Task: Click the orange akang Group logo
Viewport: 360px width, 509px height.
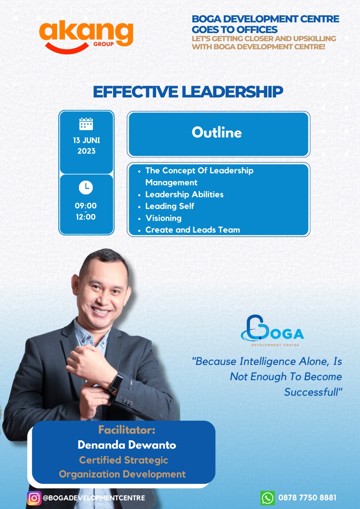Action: pos(86,36)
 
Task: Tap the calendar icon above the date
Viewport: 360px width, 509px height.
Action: pos(86,124)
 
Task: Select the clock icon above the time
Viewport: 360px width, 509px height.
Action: pos(86,187)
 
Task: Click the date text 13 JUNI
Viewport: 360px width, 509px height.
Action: pos(86,140)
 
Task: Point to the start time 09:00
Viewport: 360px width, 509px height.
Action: pos(86,206)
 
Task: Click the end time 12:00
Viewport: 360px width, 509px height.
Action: pos(86,217)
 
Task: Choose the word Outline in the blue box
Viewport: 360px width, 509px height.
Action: pos(217,132)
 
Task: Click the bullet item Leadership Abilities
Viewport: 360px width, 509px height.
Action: pos(184,194)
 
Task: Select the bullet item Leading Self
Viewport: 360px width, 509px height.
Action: pos(170,206)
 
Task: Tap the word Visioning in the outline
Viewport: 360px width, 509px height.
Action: pos(164,218)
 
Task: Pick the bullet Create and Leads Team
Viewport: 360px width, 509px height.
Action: pos(193,230)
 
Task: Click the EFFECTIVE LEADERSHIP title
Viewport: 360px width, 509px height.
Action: pos(188,92)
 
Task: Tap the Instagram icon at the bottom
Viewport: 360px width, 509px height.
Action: pos(34,498)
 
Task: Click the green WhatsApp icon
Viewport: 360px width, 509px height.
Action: pos(267,498)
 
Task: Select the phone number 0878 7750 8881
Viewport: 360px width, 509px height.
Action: pos(307,498)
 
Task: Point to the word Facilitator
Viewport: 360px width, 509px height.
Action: pos(127,430)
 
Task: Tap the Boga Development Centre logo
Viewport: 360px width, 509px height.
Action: pos(272,331)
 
